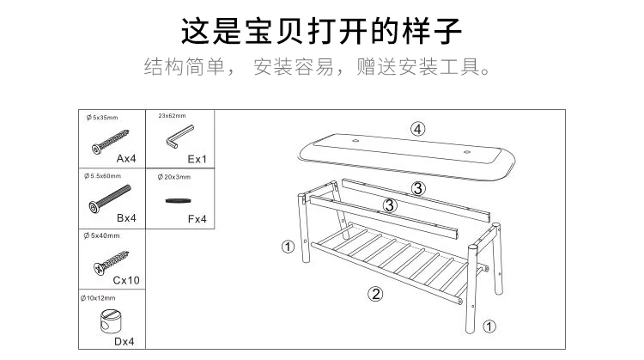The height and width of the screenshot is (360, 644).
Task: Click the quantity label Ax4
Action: [126, 158]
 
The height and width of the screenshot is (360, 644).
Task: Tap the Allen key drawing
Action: [179, 137]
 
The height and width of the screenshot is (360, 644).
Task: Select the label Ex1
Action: [197, 159]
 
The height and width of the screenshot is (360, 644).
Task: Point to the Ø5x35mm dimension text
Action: [102, 118]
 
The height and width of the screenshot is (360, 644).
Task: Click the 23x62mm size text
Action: [172, 116]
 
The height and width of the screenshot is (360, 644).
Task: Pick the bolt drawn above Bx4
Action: [110, 198]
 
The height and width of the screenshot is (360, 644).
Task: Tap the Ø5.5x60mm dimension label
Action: [103, 176]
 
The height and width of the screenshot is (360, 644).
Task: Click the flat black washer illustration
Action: [179, 200]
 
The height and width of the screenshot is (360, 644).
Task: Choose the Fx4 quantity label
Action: [197, 219]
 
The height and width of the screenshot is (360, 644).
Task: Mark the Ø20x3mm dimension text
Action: [174, 177]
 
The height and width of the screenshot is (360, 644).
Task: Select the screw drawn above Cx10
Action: [111, 262]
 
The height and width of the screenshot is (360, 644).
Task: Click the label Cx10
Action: [126, 280]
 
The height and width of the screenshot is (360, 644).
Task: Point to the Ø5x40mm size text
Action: [101, 236]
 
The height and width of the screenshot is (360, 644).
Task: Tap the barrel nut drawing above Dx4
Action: [110, 320]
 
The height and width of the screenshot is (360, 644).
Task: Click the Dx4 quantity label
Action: [124, 341]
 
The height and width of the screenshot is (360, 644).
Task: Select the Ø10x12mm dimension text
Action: [98, 298]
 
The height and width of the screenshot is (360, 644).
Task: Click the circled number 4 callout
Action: [417, 130]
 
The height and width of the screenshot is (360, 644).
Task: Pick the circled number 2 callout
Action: [375, 294]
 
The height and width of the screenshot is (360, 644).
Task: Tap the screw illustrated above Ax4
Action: [110, 142]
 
